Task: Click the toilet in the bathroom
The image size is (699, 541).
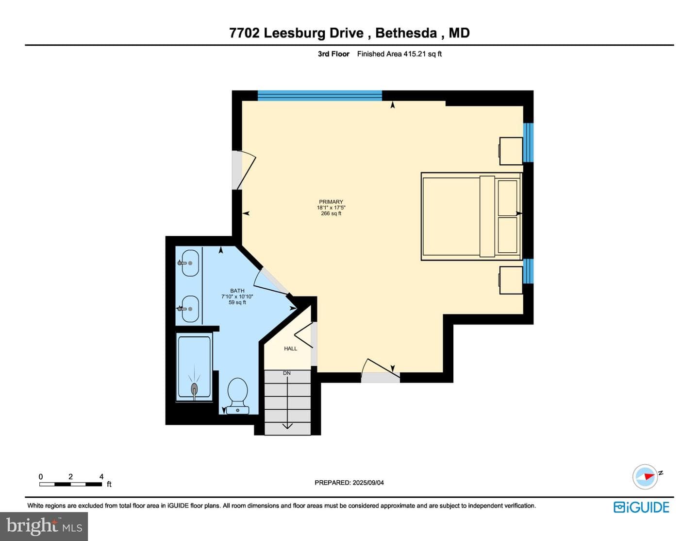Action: click(x=237, y=396)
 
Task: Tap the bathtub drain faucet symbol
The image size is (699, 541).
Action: click(x=194, y=389)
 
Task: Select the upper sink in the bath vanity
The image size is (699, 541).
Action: click(x=190, y=263)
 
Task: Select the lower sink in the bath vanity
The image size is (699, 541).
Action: click(x=190, y=309)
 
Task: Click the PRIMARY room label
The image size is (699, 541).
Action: click(x=331, y=202)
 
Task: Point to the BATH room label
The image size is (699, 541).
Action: click(x=237, y=291)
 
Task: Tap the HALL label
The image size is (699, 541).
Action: click(x=290, y=349)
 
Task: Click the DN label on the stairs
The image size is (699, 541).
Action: click(x=286, y=373)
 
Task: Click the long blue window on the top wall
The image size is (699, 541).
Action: click(x=320, y=96)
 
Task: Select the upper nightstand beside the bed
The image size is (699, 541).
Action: click(x=511, y=151)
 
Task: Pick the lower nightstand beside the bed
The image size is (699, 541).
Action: click(x=511, y=280)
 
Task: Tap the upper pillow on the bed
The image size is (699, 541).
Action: click(x=508, y=198)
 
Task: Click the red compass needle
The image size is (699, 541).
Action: click(x=649, y=476)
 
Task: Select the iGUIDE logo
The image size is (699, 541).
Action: click(x=641, y=507)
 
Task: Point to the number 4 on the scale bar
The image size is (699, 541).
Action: click(x=101, y=476)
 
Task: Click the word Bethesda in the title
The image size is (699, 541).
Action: click(x=406, y=33)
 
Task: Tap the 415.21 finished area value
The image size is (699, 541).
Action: click(x=416, y=54)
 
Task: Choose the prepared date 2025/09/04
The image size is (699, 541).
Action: click(x=368, y=483)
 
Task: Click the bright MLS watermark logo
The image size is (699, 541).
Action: click(x=44, y=526)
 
